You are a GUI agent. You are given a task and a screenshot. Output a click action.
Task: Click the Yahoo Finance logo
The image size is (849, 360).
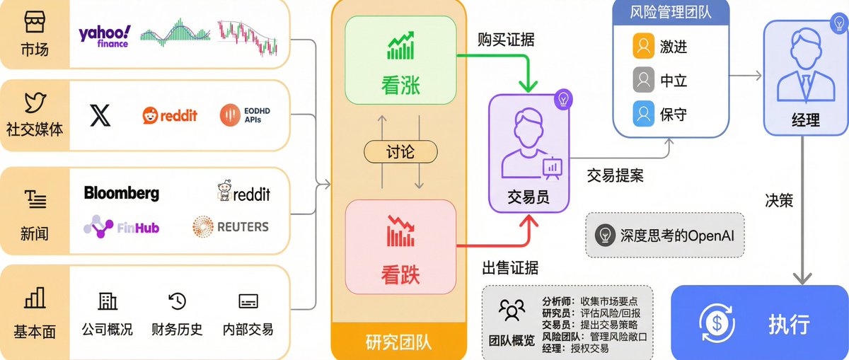click(x=104, y=35)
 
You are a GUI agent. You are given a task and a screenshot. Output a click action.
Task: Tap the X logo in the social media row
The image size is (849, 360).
click(x=100, y=115)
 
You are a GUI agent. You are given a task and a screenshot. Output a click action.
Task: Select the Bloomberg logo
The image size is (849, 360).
click(x=122, y=193)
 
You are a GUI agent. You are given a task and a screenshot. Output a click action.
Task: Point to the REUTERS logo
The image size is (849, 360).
click(x=231, y=226)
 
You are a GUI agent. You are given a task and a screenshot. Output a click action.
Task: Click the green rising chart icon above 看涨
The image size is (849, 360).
click(x=400, y=47)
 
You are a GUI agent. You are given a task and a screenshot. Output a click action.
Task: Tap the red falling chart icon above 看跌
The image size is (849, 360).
click(x=400, y=231)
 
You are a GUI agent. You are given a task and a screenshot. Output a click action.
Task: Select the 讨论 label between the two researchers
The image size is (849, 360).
click(x=400, y=152)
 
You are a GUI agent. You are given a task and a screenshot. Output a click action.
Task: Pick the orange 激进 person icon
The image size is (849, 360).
click(x=642, y=47)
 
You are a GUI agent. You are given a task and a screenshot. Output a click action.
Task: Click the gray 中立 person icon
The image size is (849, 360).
click(x=642, y=81)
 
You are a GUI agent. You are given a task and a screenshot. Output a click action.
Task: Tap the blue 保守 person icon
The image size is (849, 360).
click(x=642, y=113)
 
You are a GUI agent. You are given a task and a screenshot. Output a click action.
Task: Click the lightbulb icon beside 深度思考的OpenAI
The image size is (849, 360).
click(x=605, y=234)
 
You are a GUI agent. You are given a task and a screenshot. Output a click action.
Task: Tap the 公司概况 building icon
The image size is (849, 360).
click(x=108, y=301)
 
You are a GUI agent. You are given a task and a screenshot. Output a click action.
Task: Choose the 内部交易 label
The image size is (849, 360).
click(x=248, y=329)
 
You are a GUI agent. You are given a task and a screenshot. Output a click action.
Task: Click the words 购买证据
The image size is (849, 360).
click(x=506, y=40)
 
